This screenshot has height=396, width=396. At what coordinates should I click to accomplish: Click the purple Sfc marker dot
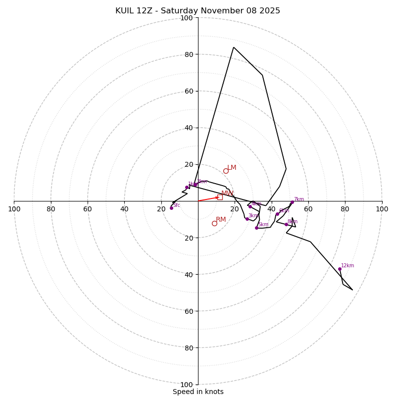point(171,208)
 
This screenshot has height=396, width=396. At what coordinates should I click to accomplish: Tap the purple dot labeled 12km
point(340,269)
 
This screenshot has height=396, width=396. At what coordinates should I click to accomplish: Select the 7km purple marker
point(292,202)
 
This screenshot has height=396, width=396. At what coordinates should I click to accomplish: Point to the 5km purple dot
point(256,228)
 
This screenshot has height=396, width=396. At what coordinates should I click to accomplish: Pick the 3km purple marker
point(247,219)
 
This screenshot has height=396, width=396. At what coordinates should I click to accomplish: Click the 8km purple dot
point(286,224)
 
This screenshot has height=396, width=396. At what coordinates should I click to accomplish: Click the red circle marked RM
point(214,223)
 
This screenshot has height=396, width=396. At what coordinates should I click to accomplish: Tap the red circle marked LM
point(226,171)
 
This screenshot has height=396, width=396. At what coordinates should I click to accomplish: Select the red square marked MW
point(220,197)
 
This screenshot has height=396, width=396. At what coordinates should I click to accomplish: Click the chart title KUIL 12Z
point(198,11)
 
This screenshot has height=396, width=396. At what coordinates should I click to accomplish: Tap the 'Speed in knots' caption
point(198,392)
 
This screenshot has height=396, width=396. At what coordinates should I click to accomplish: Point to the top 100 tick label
point(187,18)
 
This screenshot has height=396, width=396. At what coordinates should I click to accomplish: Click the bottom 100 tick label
point(187,385)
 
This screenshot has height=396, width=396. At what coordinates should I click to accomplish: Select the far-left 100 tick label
point(14,209)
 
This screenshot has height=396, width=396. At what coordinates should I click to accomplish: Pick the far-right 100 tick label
point(382,209)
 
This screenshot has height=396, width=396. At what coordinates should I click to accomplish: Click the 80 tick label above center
point(188,54)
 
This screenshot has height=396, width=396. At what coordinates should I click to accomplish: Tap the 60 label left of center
point(88,209)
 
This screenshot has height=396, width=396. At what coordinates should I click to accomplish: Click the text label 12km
point(347,266)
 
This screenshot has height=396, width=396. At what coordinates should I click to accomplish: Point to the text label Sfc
point(177,205)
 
